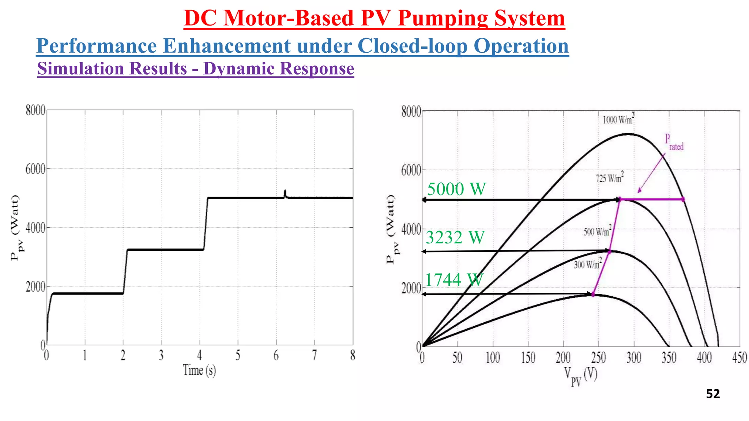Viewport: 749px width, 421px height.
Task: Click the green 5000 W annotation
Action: click(456, 189)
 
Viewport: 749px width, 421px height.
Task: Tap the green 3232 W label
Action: click(455, 238)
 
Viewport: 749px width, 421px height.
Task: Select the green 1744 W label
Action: click(453, 280)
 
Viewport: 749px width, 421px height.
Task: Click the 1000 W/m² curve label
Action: click(618, 119)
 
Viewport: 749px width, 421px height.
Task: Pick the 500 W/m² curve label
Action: click(597, 231)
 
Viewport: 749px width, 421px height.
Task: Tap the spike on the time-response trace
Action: click(285, 193)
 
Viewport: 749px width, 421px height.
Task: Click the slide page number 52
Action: click(713, 394)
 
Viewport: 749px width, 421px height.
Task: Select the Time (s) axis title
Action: click(199, 370)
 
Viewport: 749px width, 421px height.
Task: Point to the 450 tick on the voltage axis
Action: click(739, 357)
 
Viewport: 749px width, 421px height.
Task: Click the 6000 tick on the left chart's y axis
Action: click(35, 169)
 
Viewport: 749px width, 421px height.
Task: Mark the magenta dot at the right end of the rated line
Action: click(683, 200)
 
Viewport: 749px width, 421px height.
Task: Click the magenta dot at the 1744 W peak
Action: click(593, 294)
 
